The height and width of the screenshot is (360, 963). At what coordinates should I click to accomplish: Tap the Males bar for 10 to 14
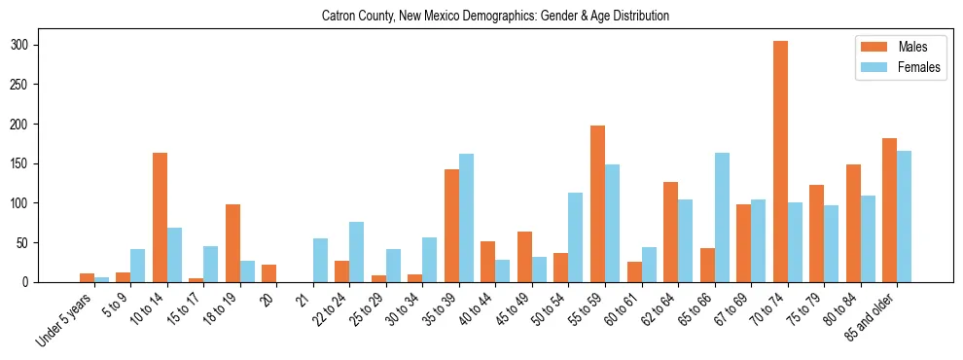pos(160,218)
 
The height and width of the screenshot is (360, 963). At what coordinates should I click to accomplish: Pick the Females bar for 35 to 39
pos(466,218)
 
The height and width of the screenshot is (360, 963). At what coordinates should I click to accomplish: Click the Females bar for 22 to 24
pos(357,252)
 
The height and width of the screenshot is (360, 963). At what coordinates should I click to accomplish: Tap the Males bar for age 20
pos(269,273)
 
